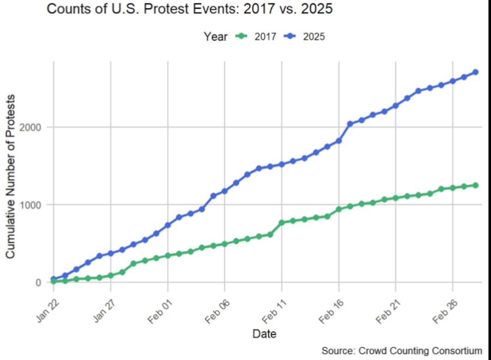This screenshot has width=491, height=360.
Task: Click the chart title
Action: [x=189, y=8]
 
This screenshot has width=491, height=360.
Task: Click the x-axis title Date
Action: [x=264, y=333]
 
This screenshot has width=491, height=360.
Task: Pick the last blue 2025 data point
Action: [x=475, y=72]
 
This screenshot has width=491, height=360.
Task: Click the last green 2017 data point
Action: [x=475, y=185]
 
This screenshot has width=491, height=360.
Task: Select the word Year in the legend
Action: [x=216, y=36]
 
